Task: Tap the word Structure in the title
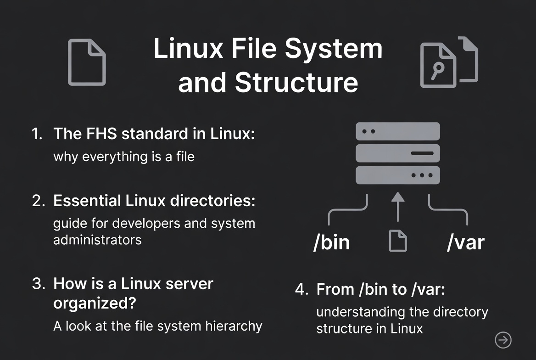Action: (296, 82)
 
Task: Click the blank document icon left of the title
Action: (87, 62)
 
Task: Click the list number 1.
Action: (37, 134)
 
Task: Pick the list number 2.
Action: (38, 201)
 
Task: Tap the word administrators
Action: (97, 240)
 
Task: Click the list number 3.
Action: (38, 283)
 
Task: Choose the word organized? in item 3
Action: (97, 303)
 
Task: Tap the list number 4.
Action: (301, 290)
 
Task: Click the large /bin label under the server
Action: (332, 242)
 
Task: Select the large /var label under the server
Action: (465, 242)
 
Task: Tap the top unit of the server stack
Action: (398, 131)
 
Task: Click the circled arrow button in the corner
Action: (503, 340)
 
